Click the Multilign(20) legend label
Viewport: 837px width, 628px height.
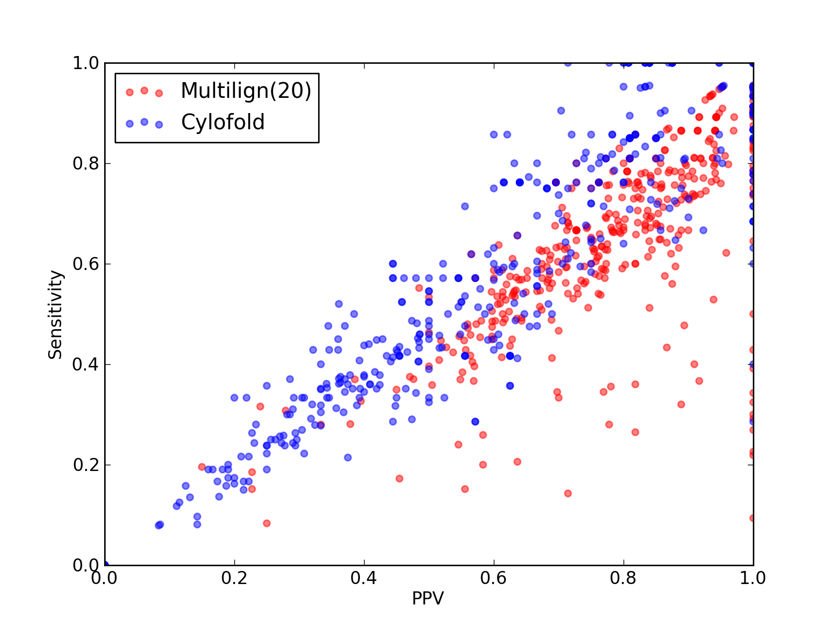(x=246, y=91)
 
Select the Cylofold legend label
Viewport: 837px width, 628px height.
(x=223, y=122)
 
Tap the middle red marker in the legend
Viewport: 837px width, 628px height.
(x=144, y=91)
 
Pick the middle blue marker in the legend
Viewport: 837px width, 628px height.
(x=144, y=122)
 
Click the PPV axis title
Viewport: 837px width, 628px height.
(x=428, y=598)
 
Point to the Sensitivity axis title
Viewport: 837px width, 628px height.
(x=55, y=315)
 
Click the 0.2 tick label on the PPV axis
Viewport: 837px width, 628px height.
(x=234, y=578)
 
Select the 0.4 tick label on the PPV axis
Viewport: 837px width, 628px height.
(x=364, y=578)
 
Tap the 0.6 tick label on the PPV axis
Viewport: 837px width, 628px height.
(x=493, y=578)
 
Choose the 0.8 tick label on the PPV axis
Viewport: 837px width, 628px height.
(x=623, y=578)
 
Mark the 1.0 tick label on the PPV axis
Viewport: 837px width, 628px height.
(x=753, y=578)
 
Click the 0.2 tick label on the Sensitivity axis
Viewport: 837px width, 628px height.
(x=86, y=465)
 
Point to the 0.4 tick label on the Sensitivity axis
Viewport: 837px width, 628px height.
(x=86, y=365)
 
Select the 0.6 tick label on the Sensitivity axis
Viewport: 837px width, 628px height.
(x=86, y=264)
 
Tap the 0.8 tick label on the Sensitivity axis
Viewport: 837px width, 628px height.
(x=86, y=164)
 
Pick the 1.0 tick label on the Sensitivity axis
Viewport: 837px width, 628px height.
(x=86, y=63)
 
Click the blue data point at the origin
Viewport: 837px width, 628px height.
(x=105, y=565)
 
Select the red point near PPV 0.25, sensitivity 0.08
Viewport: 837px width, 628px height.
(x=267, y=523)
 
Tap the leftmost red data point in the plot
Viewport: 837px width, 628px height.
(x=202, y=467)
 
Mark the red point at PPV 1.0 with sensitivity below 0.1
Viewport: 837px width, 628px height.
(x=752, y=518)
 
